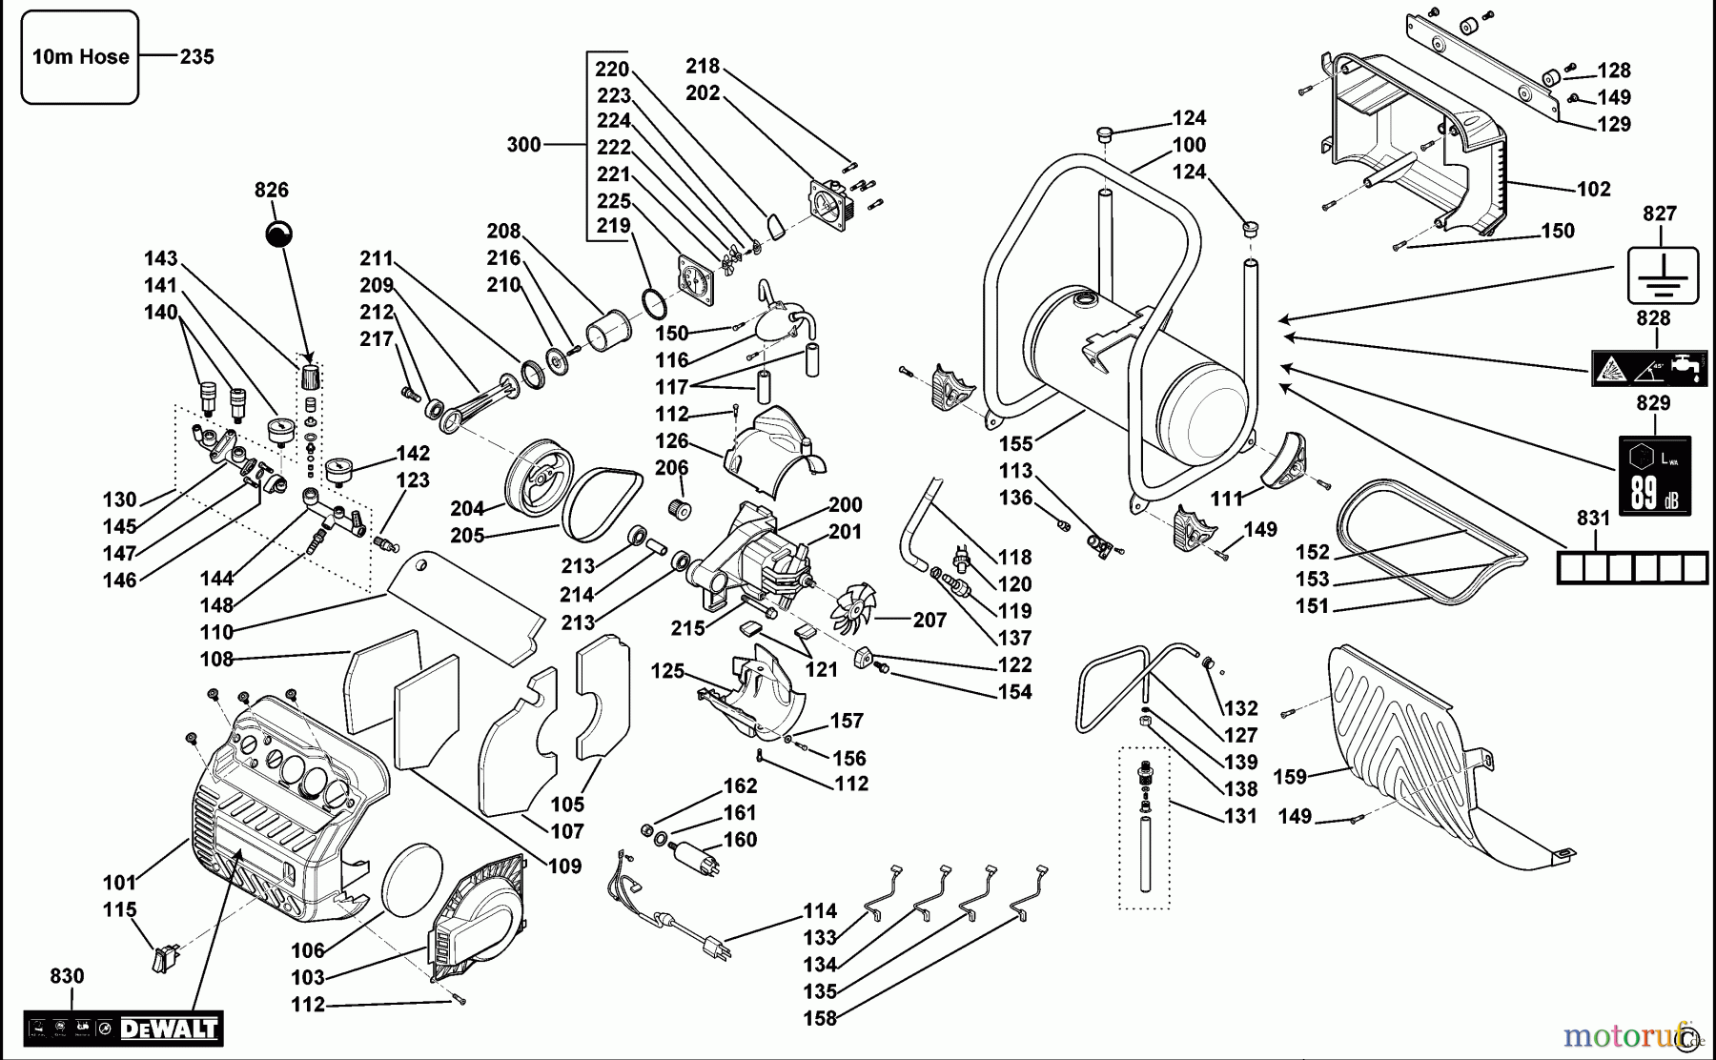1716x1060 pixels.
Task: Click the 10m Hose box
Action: click(80, 57)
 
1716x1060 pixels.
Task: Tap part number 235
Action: click(197, 57)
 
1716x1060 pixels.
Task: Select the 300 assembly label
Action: click(523, 145)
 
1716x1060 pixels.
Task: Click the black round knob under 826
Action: click(278, 234)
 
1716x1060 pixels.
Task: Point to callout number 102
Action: click(1594, 190)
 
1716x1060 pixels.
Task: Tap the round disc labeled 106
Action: click(412, 876)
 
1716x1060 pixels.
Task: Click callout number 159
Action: click(1290, 777)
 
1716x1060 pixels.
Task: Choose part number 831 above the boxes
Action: click(1593, 518)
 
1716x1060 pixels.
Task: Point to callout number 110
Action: click(216, 632)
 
